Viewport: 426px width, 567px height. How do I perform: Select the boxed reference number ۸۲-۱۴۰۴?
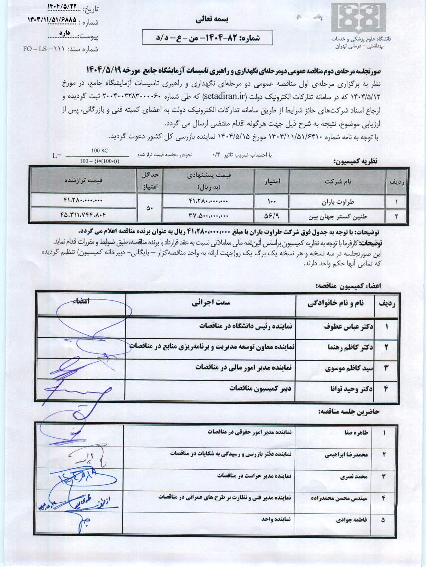point(207,38)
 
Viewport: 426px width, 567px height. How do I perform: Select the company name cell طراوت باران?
point(337,202)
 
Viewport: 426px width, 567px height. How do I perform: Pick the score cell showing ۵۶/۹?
point(272,216)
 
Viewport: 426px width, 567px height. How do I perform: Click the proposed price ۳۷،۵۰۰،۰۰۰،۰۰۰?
point(208,216)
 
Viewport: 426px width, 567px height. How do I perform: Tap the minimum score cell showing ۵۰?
point(150,208)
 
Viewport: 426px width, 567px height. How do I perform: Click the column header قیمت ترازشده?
point(84,180)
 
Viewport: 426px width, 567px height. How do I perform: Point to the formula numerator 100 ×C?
point(100,151)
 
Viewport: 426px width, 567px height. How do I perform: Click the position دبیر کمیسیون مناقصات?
point(260,388)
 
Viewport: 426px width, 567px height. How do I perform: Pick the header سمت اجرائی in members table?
point(210,303)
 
